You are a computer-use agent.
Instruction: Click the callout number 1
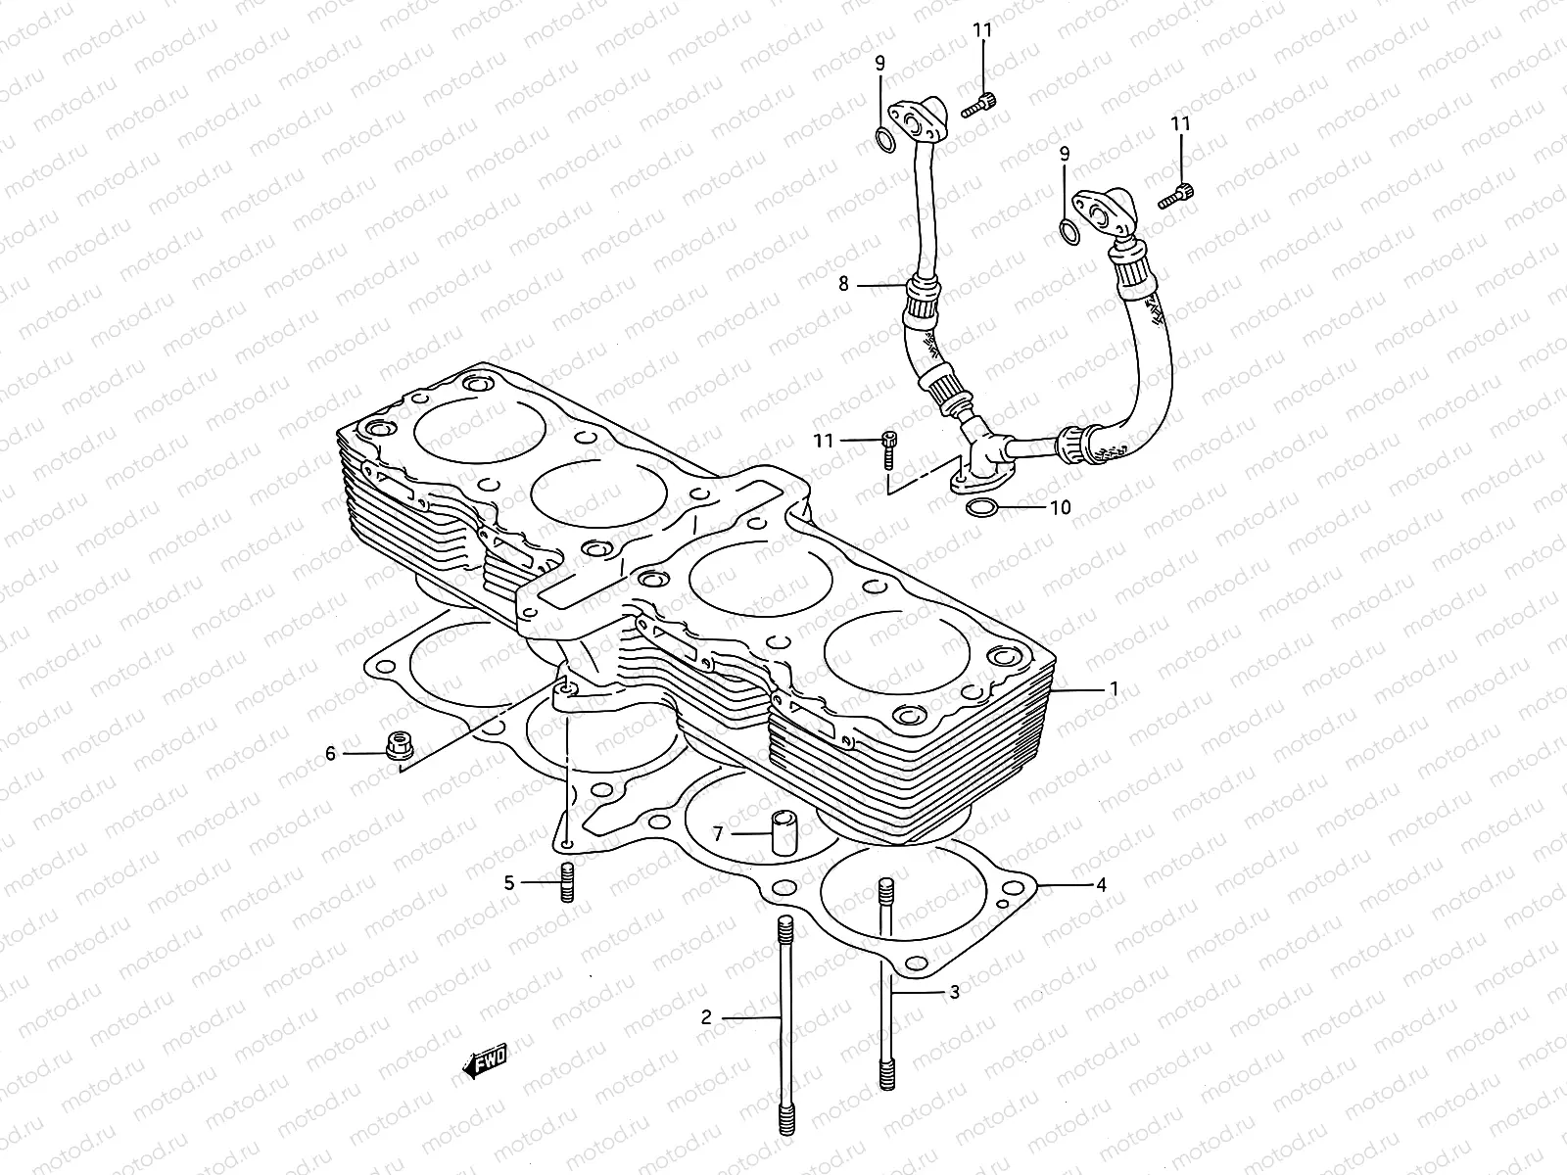coord(1113,688)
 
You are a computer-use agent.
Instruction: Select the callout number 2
coord(706,1017)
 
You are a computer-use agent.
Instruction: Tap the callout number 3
coord(955,992)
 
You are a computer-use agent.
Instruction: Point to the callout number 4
coord(1101,885)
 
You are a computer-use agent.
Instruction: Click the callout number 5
coord(509,882)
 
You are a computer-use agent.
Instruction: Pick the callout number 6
coord(330,753)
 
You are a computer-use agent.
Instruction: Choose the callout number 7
coord(718,834)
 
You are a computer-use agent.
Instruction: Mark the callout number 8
coord(842,285)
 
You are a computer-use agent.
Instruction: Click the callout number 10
coord(1060,507)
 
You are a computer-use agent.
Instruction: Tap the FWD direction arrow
coord(484,1064)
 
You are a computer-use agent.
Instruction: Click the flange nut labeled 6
coord(399,746)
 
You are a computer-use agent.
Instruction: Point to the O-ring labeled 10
coord(983,507)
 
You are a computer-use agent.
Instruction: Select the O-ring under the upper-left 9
coord(883,140)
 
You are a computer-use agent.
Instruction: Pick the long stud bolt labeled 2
coord(784,1028)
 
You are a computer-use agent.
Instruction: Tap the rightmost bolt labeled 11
coord(1187,195)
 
